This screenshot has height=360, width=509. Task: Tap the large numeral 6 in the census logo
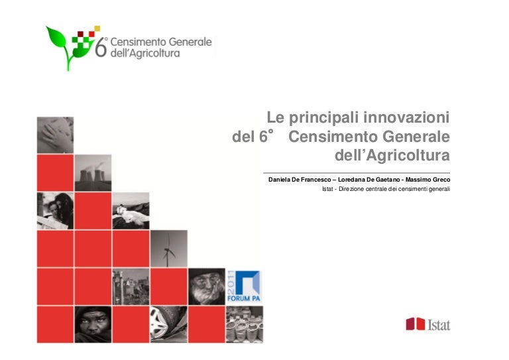[x=100, y=47]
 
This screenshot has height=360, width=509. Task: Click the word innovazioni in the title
[x=406, y=117]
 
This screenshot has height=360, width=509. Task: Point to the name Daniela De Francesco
[x=300, y=180]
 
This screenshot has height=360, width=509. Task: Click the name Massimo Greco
[x=428, y=180]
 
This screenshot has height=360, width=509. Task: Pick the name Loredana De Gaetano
[x=368, y=180]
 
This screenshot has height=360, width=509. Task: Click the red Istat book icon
[x=415, y=324]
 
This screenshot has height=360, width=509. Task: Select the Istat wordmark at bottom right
[x=439, y=325]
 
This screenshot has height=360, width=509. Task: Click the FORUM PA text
[x=244, y=298]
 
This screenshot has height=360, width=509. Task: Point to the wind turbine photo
[x=169, y=249]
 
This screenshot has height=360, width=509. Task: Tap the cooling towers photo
[x=93, y=172]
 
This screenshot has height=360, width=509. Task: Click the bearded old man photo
[x=207, y=286]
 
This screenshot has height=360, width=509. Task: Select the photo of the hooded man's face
[x=93, y=324]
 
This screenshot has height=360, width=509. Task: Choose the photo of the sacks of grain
[x=245, y=324]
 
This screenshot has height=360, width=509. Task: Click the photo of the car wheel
[x=169, y=324]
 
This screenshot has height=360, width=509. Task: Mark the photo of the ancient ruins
[x=131, y=286]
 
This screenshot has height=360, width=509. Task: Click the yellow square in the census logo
[x=97, y=29]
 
